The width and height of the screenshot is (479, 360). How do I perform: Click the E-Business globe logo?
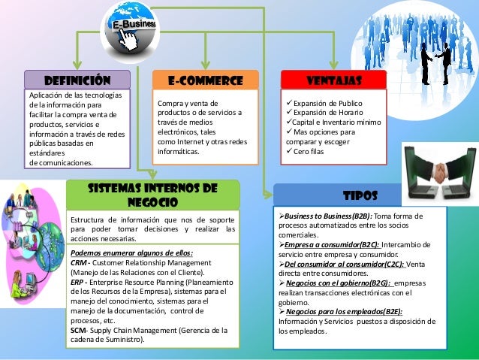136,28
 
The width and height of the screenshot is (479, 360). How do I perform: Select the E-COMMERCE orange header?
205,80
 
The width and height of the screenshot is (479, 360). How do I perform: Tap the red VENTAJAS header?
333,80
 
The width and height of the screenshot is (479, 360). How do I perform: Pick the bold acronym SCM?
79,329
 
